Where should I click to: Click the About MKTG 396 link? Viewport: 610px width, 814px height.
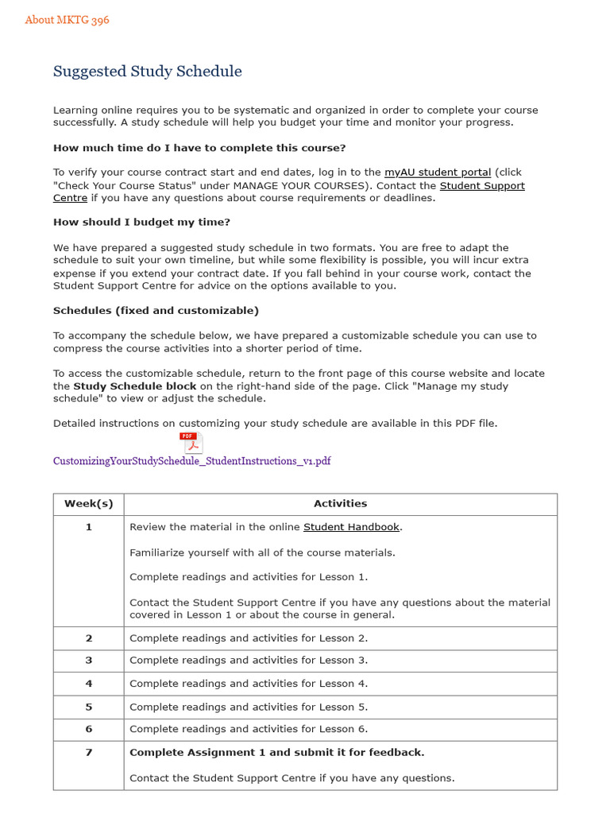pos(67,20)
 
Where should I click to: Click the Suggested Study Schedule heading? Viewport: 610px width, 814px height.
pos(147,72)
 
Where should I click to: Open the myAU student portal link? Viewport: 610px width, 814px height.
pos(437,172)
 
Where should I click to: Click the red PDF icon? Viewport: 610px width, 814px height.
pos(191,443)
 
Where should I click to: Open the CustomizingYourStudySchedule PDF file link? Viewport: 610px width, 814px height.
pos(191,461)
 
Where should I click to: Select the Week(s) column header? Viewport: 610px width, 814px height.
pos(88,504)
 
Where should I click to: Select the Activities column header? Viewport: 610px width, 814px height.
pos(340,504)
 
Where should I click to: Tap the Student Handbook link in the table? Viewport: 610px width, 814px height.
pos(351,527)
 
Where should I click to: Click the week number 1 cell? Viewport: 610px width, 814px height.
pos(88,527)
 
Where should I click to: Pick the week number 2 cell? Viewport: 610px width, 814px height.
pos(88,638)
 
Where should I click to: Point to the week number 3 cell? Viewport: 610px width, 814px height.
pos(88,661)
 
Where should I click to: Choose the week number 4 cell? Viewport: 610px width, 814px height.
pos(88,684)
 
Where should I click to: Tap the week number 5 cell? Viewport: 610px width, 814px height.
pos(88,707)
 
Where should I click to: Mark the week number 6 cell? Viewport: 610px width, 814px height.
pos(88,729)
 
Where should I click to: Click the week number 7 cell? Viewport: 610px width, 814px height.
pos(88,753)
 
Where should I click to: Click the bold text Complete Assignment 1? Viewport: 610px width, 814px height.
pos(276,753)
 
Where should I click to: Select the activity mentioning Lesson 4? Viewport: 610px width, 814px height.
pos(249,684)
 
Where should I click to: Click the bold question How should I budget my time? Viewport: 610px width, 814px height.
pos(141,223)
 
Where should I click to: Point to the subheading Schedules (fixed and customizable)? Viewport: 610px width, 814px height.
pos(156,311)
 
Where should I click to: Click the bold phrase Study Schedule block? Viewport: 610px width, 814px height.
pos(134,386)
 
